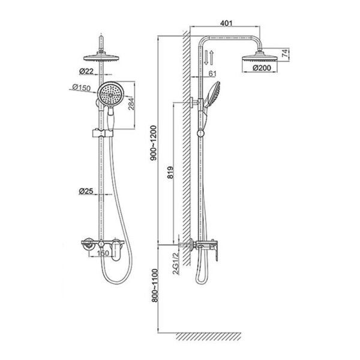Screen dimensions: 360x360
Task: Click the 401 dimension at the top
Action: pyautogui.click(x=226, y=23)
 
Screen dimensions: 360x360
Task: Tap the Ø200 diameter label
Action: pyautogui.click(x=262, y=68)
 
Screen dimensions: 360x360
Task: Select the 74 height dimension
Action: pyautogui.click(x=284, y=53)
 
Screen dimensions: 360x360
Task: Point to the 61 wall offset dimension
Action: pyautogui.click(x=212, y=73)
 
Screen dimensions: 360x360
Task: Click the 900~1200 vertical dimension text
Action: pyautogui.click(x=153, y=143)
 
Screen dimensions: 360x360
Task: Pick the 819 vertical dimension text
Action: pyautogui.click(x=170, y=172)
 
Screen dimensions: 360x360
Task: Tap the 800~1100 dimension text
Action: pyautogui.click(x=155, y=286)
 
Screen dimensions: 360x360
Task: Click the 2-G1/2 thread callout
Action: pyautogui.click(x=176, y=263)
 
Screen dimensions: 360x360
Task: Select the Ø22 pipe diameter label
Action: pyautogui.click(x=86, y=71)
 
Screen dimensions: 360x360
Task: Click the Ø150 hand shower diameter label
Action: pyautogui.click(x=81, y=88)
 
